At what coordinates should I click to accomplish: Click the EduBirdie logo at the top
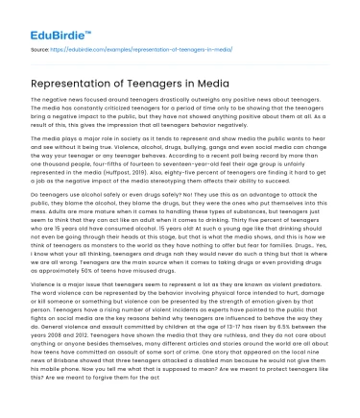[46, 16]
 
